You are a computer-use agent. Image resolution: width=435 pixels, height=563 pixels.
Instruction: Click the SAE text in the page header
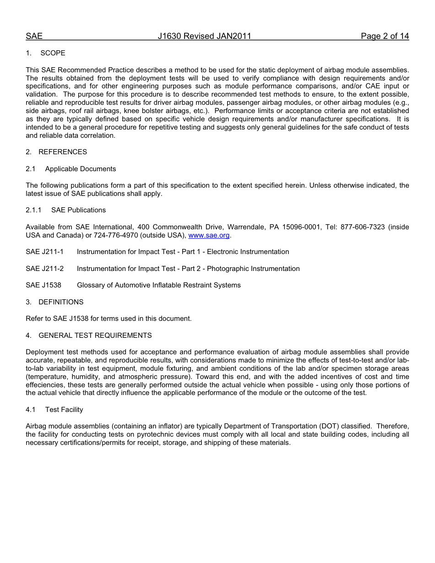(34, 36)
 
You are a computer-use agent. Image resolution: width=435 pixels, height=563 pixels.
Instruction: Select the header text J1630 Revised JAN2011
(204, 36)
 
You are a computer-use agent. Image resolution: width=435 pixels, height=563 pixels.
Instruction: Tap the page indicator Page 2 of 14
(385, 36)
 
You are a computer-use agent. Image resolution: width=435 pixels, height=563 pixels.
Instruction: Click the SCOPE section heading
(53, 53)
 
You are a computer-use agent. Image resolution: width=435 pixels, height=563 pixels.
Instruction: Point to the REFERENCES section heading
(63, 152)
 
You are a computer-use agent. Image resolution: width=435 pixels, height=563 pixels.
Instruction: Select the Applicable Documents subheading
(81, 169)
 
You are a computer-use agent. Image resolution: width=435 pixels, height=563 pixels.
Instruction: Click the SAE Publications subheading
(78, 210)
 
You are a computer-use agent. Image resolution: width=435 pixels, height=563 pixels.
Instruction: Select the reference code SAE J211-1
(44, 252)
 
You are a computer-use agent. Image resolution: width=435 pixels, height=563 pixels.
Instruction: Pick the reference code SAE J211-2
(44, 269)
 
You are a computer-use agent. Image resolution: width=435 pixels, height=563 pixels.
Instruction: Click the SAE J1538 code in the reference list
(43, 285)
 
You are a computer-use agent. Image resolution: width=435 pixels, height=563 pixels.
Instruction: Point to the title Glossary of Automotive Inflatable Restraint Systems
(158, 285)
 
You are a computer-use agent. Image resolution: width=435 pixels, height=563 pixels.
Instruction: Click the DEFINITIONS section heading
(61, 302)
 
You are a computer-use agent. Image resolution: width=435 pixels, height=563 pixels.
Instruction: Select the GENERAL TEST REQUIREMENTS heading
(95, 336)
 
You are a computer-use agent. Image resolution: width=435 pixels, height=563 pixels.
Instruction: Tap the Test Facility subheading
(64, 410)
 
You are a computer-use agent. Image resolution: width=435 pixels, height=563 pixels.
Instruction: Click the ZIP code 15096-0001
(303, 227)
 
